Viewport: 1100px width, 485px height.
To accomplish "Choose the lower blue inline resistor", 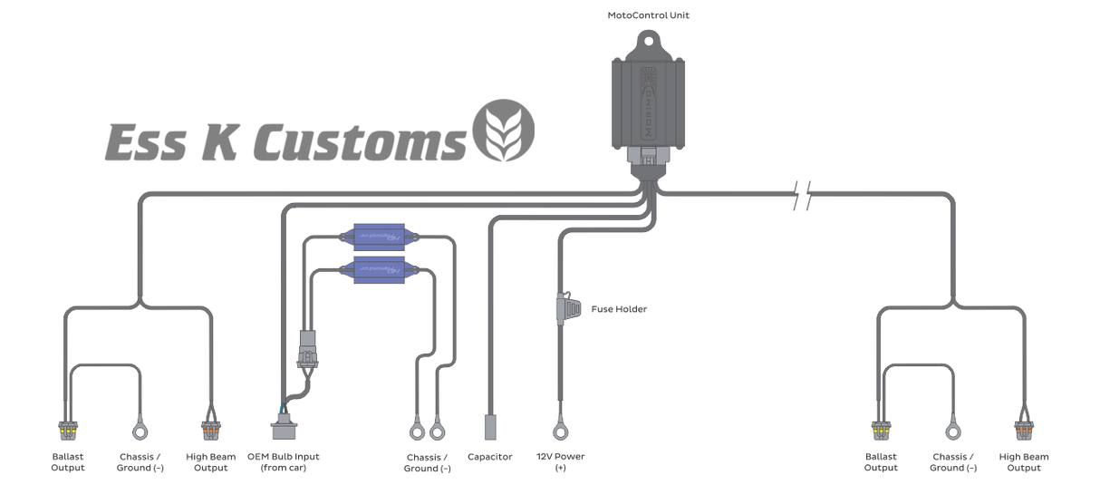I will [x=380, y=268].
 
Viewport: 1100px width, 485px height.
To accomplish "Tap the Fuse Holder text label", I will [x=620, y=309].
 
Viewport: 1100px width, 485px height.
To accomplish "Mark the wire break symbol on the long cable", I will [x=801, y=193].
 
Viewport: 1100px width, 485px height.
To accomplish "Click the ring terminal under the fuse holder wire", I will [x=559, y=425].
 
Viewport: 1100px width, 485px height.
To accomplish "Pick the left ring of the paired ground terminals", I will [x=416, y=425].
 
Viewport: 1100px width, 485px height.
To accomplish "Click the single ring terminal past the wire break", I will [x=953, y=425].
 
